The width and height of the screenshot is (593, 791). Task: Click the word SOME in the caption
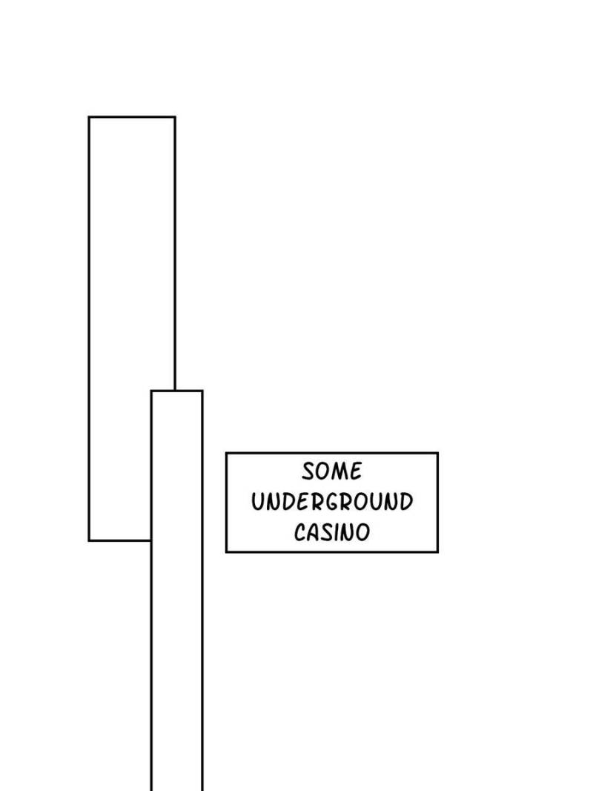[331, 471]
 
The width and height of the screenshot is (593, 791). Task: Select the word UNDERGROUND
[331, 502]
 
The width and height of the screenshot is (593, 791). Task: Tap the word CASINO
[331, 532]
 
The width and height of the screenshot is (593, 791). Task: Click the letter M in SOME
[342, 471]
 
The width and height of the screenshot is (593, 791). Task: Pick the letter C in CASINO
[299, 532]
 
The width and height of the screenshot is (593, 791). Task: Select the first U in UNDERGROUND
[258, 502]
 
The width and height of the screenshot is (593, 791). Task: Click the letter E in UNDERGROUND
[300, 502]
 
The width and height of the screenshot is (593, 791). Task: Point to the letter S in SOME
[308, 471]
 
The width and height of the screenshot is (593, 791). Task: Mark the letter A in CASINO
[313, 532]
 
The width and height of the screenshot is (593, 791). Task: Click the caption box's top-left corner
[226, 453]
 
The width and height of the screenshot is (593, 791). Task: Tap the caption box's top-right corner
[437, 453]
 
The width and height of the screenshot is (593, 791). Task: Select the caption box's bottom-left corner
[226, 552]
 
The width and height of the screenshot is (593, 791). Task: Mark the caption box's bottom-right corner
[437, 552]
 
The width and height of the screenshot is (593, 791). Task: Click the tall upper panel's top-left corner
[89, 117]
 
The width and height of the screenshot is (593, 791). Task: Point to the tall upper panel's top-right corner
[175, 117]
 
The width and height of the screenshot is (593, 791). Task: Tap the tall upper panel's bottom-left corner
[89, 540]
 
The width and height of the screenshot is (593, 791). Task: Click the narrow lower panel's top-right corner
[202, 391]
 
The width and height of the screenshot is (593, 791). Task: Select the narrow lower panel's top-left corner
[152, 391]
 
